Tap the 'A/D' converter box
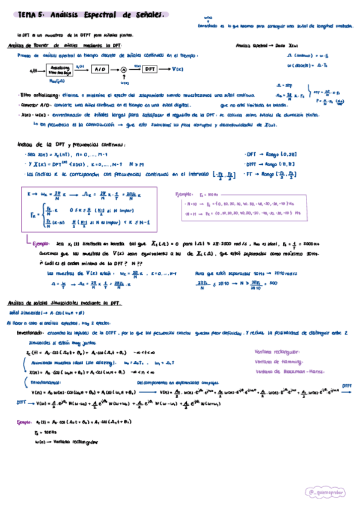(x=98, y=70)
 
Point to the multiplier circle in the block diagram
(x=123, y=70)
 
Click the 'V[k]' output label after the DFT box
(x=178, y=70)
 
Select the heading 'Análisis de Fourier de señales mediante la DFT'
(x=66, y=46)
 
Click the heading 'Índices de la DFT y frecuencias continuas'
(x=72, y=145)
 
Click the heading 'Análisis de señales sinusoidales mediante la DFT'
(x=66, y=303)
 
